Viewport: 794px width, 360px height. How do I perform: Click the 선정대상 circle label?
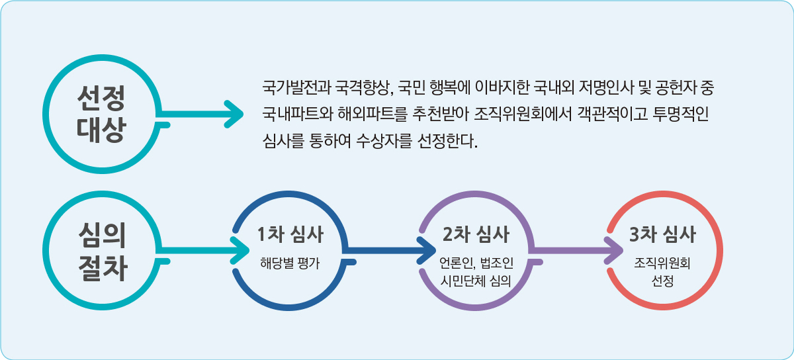click(101, 114)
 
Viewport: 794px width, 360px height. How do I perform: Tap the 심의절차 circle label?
click(102, 251)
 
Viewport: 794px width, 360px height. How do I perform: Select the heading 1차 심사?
click(290, 234)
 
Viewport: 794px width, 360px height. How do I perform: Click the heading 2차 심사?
click(476, 234)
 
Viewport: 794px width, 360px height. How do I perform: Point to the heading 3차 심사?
click(662, 234)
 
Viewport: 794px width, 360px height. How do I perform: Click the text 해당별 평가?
click(290, 263)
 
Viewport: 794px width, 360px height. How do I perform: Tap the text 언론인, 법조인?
click(476, 263)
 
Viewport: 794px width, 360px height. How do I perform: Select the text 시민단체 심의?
click(476, 281)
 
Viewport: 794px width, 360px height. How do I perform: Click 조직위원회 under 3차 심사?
click(662, 263)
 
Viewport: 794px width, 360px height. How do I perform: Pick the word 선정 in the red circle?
click(662, 281)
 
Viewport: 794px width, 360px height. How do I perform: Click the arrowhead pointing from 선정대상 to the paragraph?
click(235, 114)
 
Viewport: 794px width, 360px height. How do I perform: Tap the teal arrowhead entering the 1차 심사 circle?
click(240, 250)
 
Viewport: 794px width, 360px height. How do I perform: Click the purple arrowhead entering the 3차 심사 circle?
click(613, 250)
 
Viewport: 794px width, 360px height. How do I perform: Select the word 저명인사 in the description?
click(605, 87)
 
